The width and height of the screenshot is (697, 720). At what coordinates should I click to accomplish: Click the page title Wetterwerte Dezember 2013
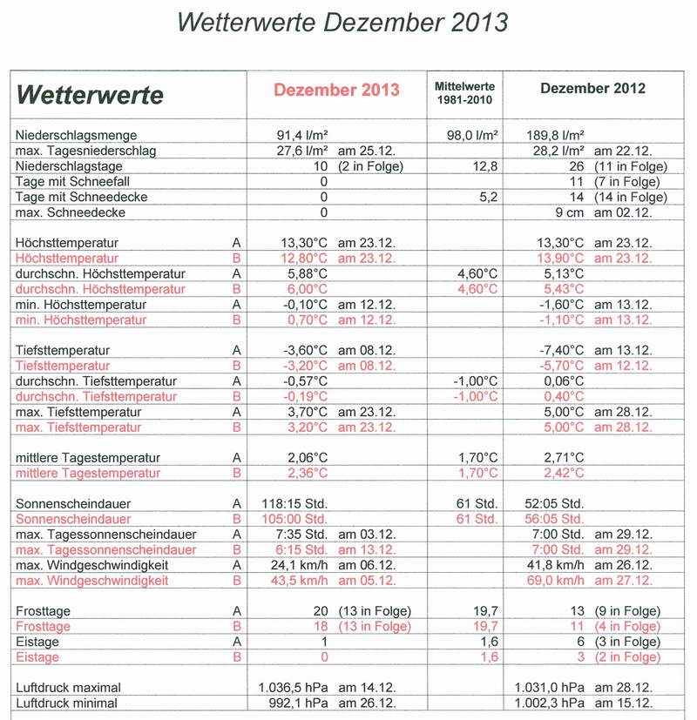coord(342,23)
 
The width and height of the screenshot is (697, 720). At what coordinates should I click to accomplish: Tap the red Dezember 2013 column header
coord(336,90)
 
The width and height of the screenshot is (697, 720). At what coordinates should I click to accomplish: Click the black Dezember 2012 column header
coord(592,88)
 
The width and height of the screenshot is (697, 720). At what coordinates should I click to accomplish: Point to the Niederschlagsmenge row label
coord(77,136)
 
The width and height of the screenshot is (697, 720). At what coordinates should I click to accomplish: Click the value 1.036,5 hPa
coord(294,688)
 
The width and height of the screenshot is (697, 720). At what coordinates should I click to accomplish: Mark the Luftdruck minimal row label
coord(66,703)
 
